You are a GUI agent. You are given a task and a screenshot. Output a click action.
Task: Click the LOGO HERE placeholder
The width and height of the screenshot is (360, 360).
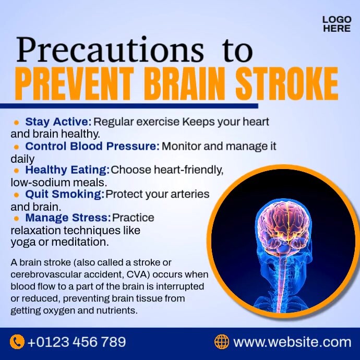[337, 24]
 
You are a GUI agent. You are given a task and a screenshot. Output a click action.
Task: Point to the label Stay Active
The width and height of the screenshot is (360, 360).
[58, 122]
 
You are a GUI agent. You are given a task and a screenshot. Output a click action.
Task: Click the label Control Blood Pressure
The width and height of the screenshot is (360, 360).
[92, 146]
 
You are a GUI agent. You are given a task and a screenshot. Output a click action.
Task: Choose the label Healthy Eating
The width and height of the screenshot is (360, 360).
[67, 170]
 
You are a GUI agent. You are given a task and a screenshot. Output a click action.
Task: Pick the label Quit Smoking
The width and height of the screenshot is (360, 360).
[65, 194]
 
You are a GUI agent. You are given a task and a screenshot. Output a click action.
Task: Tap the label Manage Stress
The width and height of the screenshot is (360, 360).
[68, 218]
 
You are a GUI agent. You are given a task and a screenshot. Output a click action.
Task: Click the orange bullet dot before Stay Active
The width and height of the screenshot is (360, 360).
[17, 122]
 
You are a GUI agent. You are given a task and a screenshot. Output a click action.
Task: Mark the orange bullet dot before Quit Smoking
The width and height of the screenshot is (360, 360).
[17, 195]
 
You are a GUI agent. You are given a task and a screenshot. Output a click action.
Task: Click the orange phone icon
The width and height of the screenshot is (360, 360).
[17, 342]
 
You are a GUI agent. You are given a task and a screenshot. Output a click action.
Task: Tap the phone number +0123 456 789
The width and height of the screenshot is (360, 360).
[77, 342]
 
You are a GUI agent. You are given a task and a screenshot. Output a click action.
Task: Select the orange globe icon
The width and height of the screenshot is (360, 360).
[222, 342]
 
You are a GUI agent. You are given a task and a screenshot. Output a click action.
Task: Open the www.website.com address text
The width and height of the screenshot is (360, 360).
[292, 342]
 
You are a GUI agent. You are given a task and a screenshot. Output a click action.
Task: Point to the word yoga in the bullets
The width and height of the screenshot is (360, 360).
[22, 242]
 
